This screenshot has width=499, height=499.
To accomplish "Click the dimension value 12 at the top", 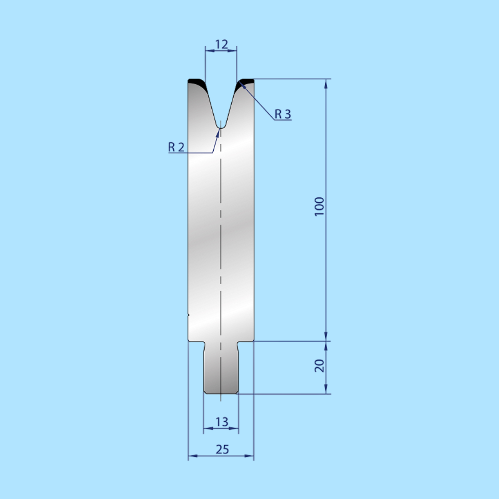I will (221, 44).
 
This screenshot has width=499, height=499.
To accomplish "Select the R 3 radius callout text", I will (283, 114).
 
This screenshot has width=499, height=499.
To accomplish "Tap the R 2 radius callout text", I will (176, 147).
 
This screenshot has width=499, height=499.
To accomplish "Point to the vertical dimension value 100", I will (320, 206).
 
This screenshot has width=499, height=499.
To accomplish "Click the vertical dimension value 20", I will (320, 366).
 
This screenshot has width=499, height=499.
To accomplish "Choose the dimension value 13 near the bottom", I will (221, 422).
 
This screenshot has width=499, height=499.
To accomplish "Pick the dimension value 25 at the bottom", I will (222, 449).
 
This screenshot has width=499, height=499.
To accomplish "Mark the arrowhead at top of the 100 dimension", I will (326, 83).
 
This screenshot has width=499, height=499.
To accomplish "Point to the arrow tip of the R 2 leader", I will (219, 130).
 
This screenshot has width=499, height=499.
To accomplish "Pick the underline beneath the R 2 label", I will (191, 153).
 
